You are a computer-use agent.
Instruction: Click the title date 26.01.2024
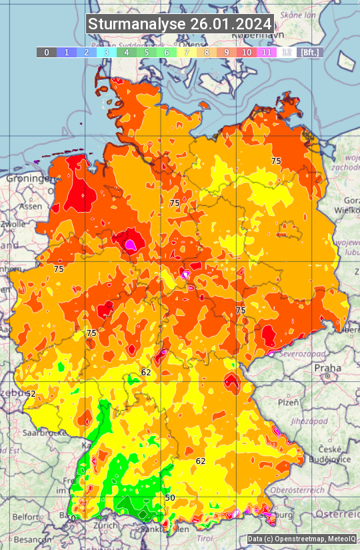pos(231,25)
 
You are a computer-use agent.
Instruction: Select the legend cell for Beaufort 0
pos(46,52)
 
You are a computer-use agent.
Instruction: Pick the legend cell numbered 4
pos(127,52)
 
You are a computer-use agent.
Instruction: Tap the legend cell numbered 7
pos(187,52)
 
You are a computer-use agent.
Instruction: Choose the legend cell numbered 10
pos(247,52)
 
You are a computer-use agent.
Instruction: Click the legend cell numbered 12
pos(287,52)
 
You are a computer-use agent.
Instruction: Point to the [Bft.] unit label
pos(310,52)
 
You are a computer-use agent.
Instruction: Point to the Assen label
pos(31,207)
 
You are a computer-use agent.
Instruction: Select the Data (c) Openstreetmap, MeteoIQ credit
pos(301,539)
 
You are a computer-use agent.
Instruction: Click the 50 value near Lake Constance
pos(170,497)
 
